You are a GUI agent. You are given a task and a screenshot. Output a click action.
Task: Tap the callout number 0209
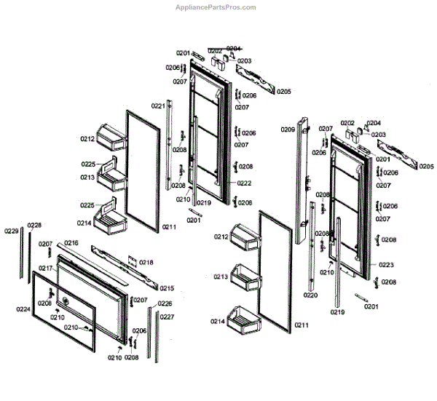coord(288,130)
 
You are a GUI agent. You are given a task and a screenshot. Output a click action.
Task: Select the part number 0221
coord(158,106)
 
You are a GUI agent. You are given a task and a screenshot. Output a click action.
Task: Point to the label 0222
coord(244,183)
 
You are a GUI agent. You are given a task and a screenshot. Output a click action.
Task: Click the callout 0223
coord(387,265)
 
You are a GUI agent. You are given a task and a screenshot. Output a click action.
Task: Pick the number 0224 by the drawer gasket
coord(24,309)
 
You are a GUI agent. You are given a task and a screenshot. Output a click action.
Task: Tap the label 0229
coord(11,231)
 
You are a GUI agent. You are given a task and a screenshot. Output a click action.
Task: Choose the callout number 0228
coord(34,225)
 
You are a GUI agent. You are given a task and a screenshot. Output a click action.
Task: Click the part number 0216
coord(71,243)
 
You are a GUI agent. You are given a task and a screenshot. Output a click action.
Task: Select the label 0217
coord(46,269)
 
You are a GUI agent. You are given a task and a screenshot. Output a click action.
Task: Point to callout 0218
coord(146,262)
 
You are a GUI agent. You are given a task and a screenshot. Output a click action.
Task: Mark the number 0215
coord(167,287)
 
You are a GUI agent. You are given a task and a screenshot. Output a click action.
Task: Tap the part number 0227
coord(168,317)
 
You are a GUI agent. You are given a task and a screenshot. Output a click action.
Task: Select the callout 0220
coord(311,295)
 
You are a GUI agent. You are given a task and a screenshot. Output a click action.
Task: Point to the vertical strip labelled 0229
coord(20,255)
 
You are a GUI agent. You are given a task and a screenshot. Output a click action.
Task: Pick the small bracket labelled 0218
coord(132,261)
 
